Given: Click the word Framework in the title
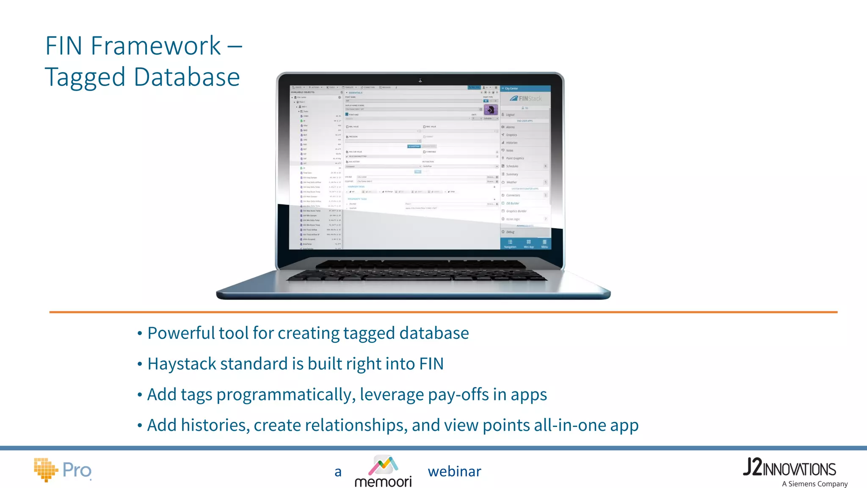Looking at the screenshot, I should pyautogui.click(x=155, y=46).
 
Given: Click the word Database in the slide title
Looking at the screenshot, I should pyautogui.click(x=187, y=77).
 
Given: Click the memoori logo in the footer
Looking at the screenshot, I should pyautogui.click(x=383, y=471).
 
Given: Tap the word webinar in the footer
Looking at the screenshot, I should pyautogui.click(x=454, y=471).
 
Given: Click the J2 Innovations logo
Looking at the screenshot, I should pyautogui.click(x=789, y=468).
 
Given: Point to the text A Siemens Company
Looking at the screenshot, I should pyautogui.click(x=815, y=484).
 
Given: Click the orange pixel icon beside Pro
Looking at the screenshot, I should pyautogui.click(x=45, y=469).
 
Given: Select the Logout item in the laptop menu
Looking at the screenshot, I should pyautogui.click(x=510, y=115).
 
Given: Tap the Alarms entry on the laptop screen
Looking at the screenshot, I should pyautogui.click(x=510, y=127).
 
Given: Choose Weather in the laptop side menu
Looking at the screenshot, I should pyautogui.click(x=511, y=182).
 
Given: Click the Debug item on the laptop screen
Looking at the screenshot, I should pyautogui.click(x=510, y=232).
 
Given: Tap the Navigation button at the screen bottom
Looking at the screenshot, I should pyautogui.click(x=510, y=244).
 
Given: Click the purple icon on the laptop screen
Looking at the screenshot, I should pyautogui.click(x=491, y=110).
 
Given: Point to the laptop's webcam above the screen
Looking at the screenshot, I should pyautogui.click(x=420, y=80).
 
